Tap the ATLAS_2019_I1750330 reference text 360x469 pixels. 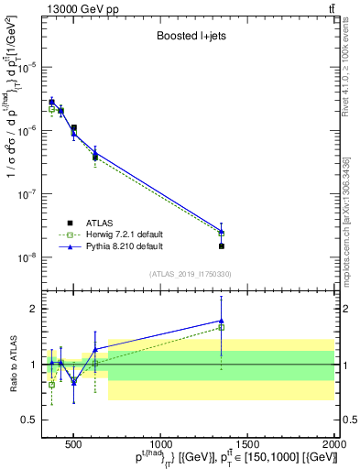(190, 274)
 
